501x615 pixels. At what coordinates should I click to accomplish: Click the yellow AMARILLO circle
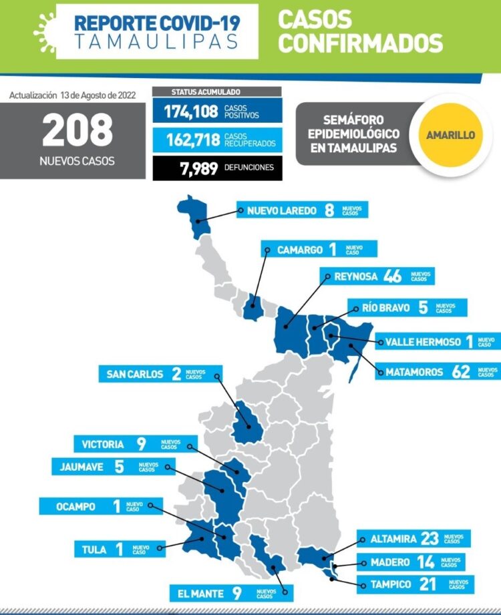point(451,134)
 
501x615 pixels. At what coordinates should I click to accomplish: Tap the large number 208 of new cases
point(77,131)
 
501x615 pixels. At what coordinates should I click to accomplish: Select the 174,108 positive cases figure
point(191,111)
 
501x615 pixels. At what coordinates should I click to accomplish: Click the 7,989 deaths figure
point(199,168)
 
